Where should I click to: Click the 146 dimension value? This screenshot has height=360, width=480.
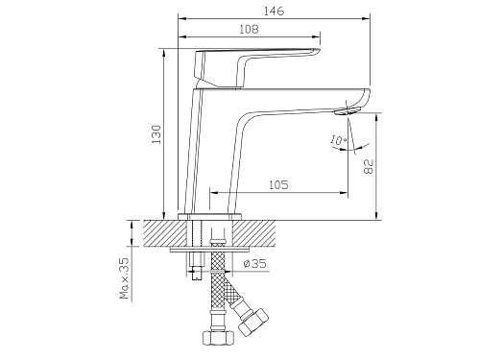[274, 11]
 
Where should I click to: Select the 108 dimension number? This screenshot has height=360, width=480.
[249, 30]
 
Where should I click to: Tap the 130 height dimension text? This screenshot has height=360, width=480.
[156, 134]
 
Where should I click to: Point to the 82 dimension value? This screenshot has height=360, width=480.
[369, 166]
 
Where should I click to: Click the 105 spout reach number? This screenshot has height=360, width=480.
[278, 185]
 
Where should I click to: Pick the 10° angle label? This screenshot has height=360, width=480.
[339, 140]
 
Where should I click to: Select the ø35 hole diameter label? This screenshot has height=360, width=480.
[254, 264]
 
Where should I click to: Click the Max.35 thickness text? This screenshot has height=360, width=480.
[125, 278]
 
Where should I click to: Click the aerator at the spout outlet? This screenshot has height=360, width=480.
[348, 111]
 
